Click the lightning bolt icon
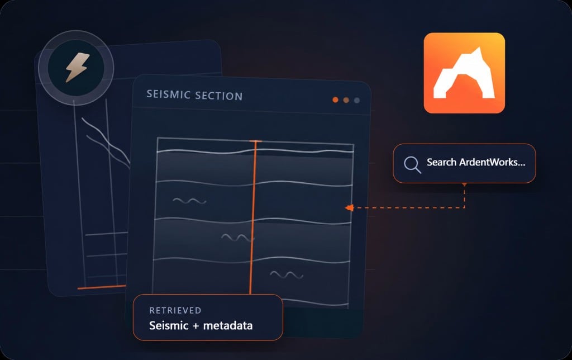[77, 67]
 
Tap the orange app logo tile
[464, 73]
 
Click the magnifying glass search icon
[412, 165]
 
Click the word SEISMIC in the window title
[168, 94]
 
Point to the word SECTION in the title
[219, 96]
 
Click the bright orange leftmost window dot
[335, 100]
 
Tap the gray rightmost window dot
[357, 100]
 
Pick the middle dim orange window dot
[346, 100]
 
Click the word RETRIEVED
[175, 310]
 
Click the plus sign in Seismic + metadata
[196, 326]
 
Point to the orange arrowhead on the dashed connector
[349, 208]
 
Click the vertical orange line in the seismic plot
[253, 217]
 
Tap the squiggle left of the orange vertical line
[189, 201]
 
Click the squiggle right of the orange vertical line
[287, 274]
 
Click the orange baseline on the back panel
[102, 287]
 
